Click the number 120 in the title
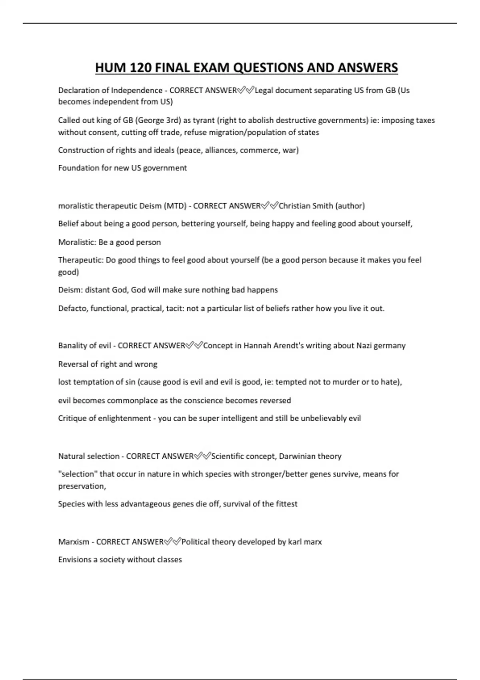tap(140, 68)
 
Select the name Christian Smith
tap(306, 206)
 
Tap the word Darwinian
tap(297, 456)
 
